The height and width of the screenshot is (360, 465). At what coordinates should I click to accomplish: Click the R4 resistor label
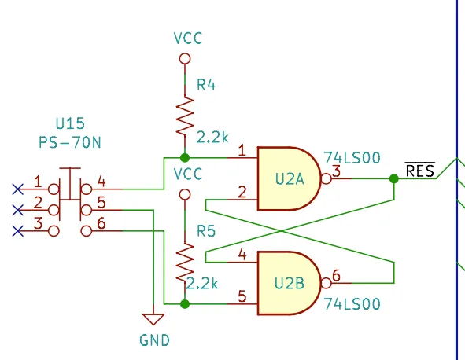(x=206, y=85)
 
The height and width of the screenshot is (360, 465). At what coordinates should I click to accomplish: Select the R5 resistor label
(x=206, y=231)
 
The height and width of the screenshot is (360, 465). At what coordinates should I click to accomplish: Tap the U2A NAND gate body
(x=289, y=178)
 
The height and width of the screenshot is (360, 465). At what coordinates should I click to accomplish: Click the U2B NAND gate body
(x=289, y=283)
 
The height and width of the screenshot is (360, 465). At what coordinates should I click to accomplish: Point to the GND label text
(x=154, y=340)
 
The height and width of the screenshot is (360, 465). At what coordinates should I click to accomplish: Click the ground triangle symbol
(x=153, y=319)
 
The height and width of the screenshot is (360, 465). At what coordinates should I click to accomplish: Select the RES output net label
(x=420, y=171)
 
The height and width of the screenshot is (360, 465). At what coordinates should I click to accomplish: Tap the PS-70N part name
(x=70, y=142)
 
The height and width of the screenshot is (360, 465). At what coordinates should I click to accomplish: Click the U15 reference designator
(x=70, y=123)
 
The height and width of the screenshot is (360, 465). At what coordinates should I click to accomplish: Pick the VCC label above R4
(x=188, y=39)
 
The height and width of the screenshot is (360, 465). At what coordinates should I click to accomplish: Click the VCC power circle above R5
(x=185, y=195)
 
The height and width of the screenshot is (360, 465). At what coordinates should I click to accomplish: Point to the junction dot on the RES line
(x=394, y=178)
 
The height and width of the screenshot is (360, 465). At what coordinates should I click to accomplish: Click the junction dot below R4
(x=185, y=158)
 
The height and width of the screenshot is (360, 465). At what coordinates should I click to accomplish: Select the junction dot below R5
(x=185, y=304)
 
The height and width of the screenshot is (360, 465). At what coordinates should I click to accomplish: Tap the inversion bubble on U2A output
(x=327, y=178)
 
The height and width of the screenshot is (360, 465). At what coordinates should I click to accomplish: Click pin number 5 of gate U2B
(x=242, y=296)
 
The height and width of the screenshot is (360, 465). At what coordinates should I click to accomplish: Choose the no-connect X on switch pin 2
(x=18, y=210)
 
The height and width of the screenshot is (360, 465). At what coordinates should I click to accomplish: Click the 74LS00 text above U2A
(x=352, y=158)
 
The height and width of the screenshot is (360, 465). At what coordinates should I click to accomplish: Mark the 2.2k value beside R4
(x=212, y=138)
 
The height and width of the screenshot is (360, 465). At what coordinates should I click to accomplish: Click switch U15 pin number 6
(x=101, y=222)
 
